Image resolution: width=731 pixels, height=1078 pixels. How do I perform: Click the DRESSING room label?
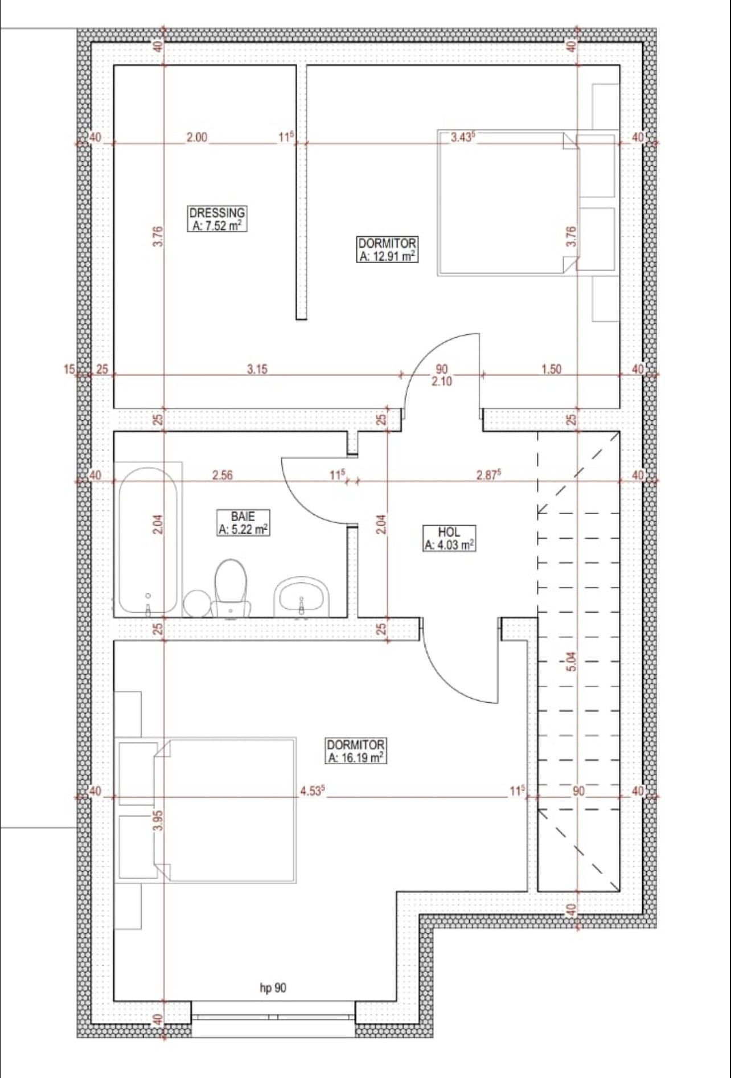[217, 213]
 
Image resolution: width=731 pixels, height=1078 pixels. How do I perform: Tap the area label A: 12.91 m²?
[388, 256]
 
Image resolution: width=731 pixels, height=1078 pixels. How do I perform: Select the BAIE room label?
[243, 517]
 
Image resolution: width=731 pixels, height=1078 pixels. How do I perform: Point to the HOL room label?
[449, 532]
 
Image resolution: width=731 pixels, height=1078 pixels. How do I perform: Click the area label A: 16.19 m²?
[356, 757]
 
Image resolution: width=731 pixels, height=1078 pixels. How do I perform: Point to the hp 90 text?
[273, 988]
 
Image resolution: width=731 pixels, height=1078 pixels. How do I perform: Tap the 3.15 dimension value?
[257, 369]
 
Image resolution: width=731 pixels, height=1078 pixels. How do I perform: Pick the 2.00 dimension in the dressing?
[197, 137]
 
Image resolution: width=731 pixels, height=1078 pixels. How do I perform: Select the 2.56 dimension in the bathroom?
[222, 475]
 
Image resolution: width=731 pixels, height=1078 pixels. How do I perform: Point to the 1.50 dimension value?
[551, 369]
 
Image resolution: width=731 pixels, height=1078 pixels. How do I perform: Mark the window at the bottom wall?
[274, 1017]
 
